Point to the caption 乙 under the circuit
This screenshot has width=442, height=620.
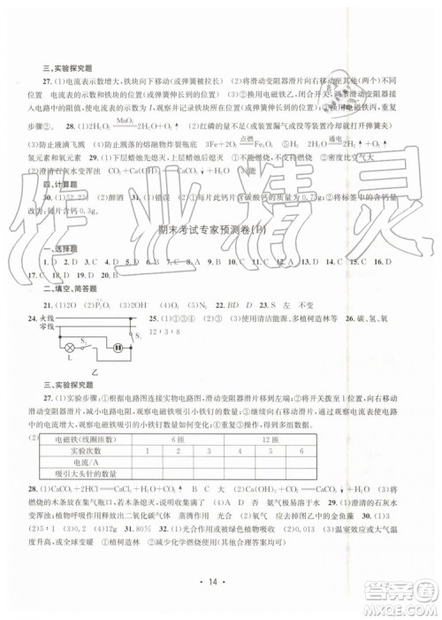(x=94, y=372)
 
